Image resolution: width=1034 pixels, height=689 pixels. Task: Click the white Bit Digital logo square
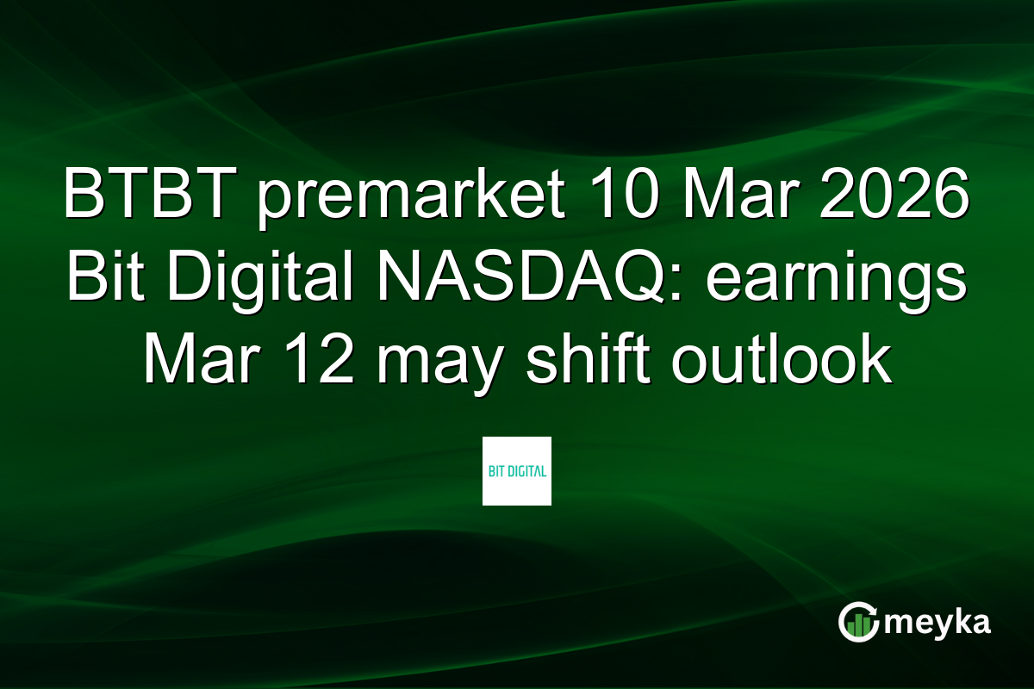click(516, 470)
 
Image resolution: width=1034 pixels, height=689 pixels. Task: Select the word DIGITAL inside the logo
click(526, 471)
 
